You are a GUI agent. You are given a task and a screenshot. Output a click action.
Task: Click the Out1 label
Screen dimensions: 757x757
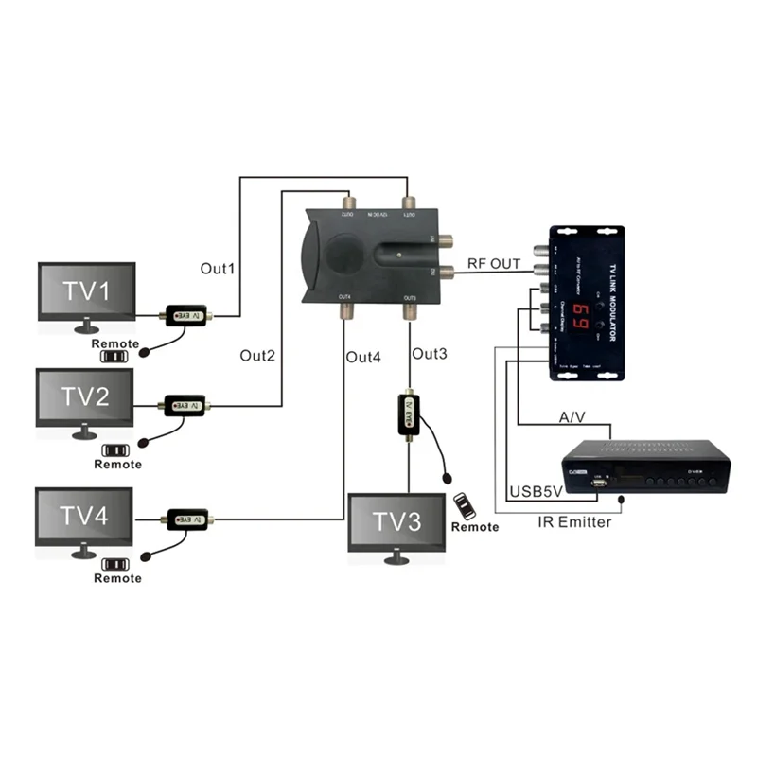(x=217, y=268)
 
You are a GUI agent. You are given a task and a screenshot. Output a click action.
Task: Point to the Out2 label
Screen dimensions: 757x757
(x=257, y=356)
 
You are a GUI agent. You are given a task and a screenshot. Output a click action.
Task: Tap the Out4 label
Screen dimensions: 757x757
(x=363, y=357)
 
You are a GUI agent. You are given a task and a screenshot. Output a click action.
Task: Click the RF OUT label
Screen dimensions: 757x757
(x=494, y=264)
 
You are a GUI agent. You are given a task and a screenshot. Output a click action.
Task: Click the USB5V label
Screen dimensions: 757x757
(x=538, y=492)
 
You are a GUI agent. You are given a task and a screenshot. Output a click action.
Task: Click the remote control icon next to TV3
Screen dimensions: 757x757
(x=461, y=504)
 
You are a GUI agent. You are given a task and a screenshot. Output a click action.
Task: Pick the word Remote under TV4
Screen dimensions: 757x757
(x=118, y=578)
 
